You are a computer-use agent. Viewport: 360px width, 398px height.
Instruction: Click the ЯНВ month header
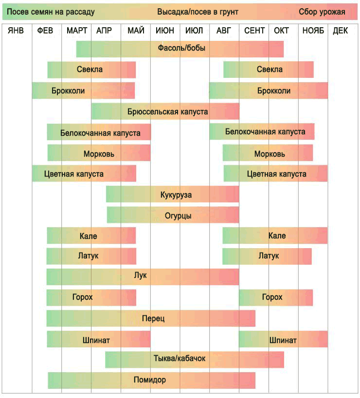tap(16, 31)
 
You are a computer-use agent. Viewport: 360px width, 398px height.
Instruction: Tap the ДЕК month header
tap(341, 31)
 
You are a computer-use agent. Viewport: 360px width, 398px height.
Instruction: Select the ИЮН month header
tap(165, 31)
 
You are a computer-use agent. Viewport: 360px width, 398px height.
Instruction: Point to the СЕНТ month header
tap(254, 31)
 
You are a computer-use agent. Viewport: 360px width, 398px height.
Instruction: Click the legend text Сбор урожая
tap(322, 12)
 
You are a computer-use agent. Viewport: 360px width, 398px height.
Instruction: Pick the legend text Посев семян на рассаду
tap(51, 12)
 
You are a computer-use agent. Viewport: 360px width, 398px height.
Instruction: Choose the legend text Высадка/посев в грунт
tap(198, 12)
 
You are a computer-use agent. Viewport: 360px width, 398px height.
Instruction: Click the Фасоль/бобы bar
tap(180, 49)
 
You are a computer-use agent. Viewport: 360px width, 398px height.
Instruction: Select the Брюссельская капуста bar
tap(165, 111)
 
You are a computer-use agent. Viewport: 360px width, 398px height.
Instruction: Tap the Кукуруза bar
tap(173, 195)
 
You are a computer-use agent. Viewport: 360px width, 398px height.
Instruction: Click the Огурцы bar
tap(173, 216)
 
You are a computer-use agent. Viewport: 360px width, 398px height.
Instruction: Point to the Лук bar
tap(143, 276)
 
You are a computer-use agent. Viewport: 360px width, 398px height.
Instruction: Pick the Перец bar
tap(151, 318)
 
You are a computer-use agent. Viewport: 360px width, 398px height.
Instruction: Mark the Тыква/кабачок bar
tap(195, 359)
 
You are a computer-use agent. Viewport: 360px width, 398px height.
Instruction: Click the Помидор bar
tap(151, 380)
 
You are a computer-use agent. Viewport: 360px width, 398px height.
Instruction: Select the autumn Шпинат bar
tap(283, 340)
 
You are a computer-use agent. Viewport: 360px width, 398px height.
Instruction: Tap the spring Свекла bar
tap(91, 70)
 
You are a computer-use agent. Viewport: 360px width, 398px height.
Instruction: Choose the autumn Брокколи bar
tap(269, 90)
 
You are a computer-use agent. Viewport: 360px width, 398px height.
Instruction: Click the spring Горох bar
tap(91, 297)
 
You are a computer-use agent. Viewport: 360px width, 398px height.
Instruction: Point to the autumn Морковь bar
tap(268, 153)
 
